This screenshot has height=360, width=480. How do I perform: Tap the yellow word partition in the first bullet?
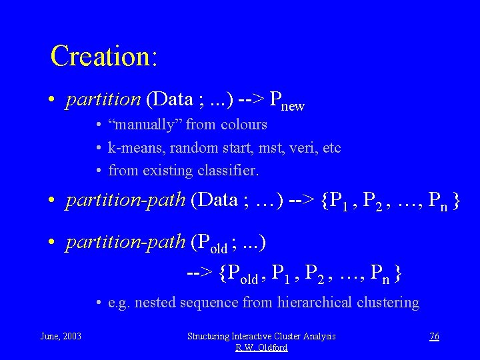(x=103, y=100)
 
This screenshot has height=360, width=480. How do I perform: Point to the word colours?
(x=244, y=125)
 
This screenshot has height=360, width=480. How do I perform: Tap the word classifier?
(x=228, y=171)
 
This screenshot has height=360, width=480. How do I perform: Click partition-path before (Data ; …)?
(x=125, y=201)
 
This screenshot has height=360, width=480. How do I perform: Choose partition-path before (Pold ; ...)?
(x=125, y=242)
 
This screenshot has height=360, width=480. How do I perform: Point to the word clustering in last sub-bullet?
(x=387, y=303)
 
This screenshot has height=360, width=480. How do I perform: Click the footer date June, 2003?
(x=61, y=336)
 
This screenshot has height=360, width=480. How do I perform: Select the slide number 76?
(x=434, y=336)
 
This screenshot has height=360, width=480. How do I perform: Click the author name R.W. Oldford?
(x=261, y=347)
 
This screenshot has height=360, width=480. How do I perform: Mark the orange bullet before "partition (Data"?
(x=51, y=101)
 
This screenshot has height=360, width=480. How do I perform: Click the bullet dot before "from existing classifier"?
(x=98, y=171)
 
